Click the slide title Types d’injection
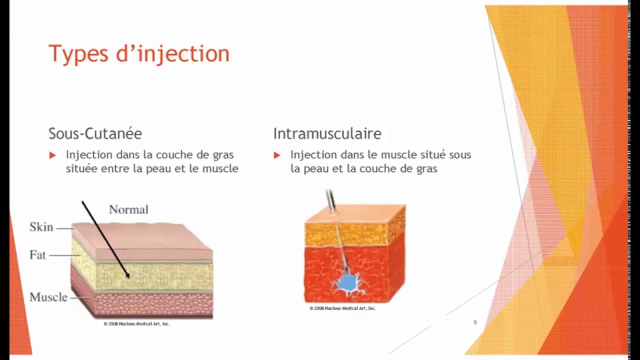(138, 54)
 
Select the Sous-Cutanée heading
(95, 133)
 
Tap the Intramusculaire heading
(327, 133)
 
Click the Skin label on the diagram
(41, 227)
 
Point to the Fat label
(37, 255)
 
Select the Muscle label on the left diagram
(48, 297)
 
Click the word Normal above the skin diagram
(128, 209)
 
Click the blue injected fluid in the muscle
(345, 282)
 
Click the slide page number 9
(475, 322)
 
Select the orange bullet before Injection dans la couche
(52, 155)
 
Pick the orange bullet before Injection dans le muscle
(277, 155)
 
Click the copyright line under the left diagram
(136, 324)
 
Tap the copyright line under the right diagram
(342, 308)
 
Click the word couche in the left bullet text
(175, 155)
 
